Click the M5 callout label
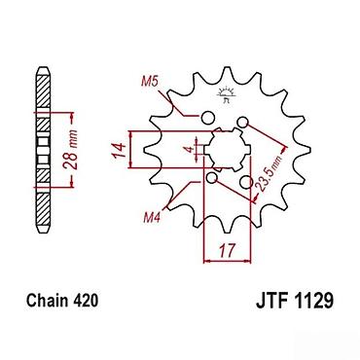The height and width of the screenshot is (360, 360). (x=150, y=82)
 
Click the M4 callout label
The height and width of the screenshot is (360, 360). (x=153, y=218)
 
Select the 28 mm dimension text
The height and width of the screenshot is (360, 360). (x=72, y=150)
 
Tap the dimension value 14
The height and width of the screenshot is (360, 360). (x=120, y=150)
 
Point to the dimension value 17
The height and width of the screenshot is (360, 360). (x=227, y=250)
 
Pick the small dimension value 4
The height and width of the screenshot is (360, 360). (x=190, y=150)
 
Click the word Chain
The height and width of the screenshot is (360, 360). (x=48, y=301)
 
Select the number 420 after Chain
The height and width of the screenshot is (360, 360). (x=85, y=301)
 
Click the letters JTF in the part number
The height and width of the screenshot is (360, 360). (x=273, y=301)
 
